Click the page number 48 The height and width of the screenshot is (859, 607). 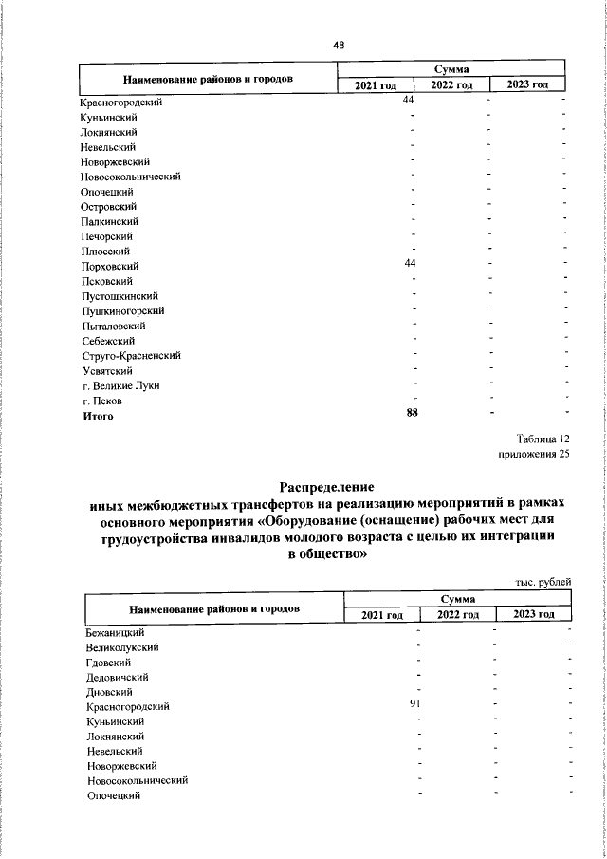pos(339,45)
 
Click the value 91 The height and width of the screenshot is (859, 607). pos(415,703)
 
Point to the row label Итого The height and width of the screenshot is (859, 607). pos(98,416)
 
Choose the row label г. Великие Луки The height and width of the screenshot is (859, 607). pos(121,385)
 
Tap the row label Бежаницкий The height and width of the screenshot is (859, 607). pos(115,631)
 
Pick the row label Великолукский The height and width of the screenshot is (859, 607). pos(122,646)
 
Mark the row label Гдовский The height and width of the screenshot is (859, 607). pos(108,662)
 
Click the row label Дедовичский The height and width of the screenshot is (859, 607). pos(117,677)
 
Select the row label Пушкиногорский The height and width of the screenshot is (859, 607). pos(124,310)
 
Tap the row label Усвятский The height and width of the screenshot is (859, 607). pos(107,370)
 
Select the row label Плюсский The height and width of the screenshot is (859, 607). pos(105,251)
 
